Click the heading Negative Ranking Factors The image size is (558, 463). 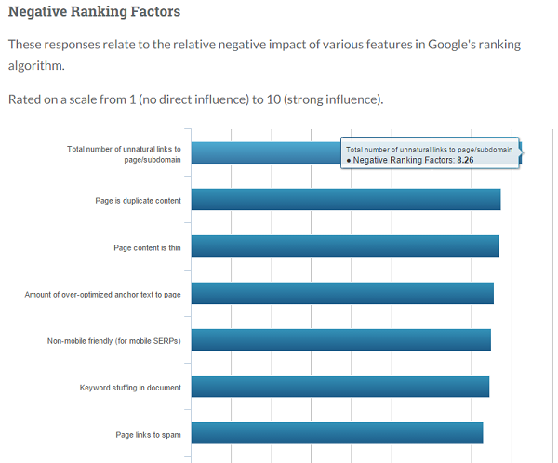pos(94,13)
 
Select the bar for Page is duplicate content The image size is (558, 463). pos(345,199)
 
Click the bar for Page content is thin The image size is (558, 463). pos(344,246)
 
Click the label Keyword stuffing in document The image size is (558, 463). pos(130,388)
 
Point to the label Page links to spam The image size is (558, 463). pos(148,434)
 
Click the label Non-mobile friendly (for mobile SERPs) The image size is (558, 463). pos(113,341)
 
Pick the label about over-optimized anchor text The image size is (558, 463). pos(102,295)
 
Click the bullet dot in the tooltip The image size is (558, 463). pos(348,161)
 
